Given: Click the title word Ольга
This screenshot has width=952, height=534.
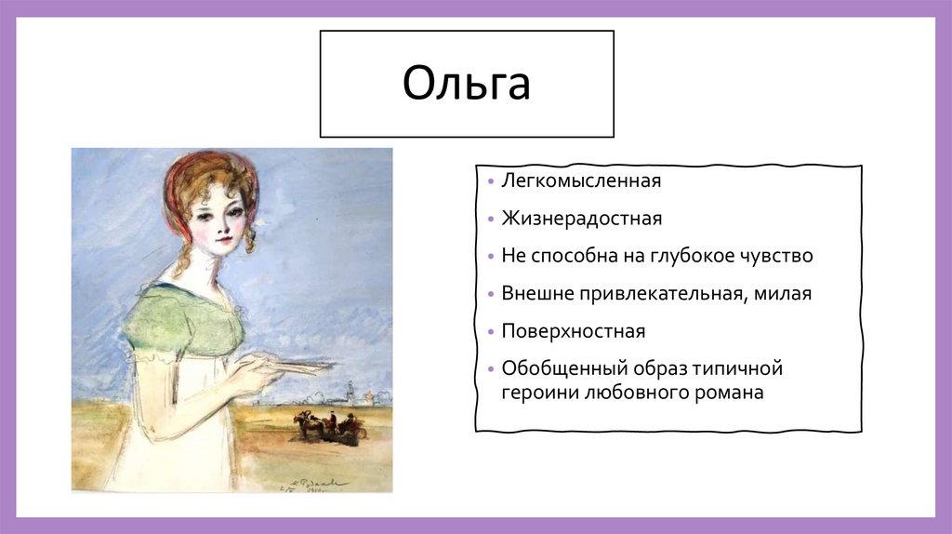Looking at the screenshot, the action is click(467, 84).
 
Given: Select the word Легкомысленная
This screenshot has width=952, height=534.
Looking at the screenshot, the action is click(581, 180).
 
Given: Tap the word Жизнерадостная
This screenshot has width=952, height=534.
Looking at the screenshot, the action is click(582, 218).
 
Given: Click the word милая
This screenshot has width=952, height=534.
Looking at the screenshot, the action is click(783, 293).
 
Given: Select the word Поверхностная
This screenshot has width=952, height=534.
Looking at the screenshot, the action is click(573, 331).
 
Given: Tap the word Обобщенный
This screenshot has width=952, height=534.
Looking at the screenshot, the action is click(564, 368).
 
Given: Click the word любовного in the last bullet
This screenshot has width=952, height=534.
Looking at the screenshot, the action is click(634, 392).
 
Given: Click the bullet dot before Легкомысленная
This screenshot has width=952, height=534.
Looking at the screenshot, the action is click(491, 181).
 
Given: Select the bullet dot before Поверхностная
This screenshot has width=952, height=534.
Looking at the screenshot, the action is click(491, 332).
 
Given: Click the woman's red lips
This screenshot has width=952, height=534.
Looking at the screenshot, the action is click(224, 239).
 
